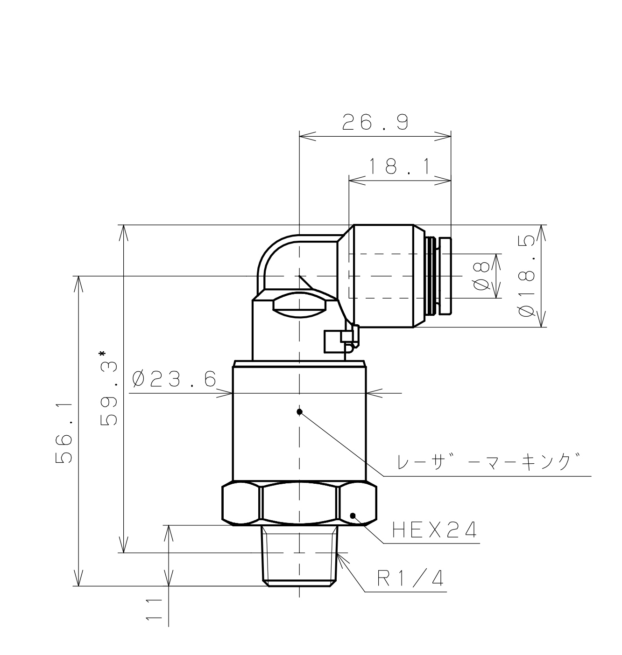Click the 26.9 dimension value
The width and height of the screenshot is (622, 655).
pos(375,122)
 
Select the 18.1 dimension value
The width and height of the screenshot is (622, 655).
pos(400,167)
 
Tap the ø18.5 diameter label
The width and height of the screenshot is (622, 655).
pos(526,276)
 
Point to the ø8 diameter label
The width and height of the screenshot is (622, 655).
pos(481,276)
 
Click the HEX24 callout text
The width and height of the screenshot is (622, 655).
pos(435,530)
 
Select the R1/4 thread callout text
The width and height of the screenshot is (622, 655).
pos(410,579)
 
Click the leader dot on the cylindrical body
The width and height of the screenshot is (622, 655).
pos(300,411)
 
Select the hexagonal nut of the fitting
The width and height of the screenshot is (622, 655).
pos(299,504)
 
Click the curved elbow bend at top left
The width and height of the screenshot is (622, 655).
pos(271,254)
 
